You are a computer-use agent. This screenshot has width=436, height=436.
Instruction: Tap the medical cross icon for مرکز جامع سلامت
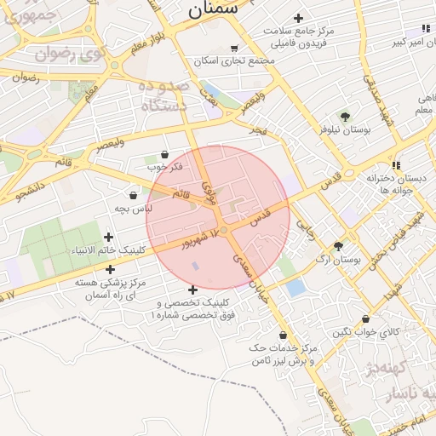click(x=298, y=18)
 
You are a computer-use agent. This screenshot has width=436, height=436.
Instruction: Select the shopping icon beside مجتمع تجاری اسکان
click(x=234, y=49)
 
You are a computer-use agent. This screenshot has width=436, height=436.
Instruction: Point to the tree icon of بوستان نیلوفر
click(x=345, y=117)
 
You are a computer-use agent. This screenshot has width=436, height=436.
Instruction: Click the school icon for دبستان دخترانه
click(x=396, y=165)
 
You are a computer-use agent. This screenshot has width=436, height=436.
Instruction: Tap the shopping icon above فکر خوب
click(x=163, y=154)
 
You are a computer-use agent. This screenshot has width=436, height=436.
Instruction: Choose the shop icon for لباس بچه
click(x=133, y=195)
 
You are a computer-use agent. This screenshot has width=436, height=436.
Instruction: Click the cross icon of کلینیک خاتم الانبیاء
click(x=107, y=237)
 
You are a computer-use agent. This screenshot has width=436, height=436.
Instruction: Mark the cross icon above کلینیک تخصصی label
click(x=192, y=290)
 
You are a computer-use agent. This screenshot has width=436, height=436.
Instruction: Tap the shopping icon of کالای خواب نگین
click(x=366, y=319)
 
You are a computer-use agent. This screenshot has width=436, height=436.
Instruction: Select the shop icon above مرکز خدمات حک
click(x=282, y=336)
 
